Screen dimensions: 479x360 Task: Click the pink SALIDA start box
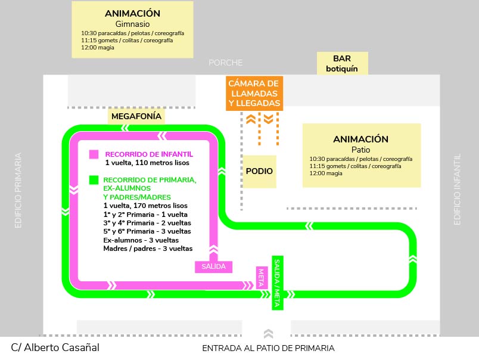(213, 267)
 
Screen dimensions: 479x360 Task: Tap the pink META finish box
(262, 278)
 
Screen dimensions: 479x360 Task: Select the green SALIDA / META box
(278, 283)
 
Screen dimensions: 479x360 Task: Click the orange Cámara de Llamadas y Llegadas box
(254, 93)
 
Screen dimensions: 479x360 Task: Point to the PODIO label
(259, 171)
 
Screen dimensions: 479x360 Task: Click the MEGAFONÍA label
(136, 116)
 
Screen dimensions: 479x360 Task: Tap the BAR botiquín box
(342, 63)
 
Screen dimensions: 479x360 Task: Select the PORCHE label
(225, 63)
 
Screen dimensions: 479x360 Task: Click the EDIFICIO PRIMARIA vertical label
(18, 190)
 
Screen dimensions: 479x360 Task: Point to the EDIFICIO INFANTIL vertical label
(457, 190)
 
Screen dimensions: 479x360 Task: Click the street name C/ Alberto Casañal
(55, 347)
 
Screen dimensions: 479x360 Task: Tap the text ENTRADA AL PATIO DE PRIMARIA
(268, 349)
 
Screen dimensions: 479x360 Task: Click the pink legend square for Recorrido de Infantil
(94, 154)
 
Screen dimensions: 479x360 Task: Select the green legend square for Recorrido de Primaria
(94, 180)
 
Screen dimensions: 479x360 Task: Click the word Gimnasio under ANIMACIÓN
(133, 24)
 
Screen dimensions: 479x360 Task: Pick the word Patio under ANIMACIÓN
(361, 150)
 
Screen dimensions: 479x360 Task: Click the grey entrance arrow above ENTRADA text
(268, 333)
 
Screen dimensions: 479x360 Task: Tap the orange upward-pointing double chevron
(251, 119)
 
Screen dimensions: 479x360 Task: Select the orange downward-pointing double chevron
(269, 119)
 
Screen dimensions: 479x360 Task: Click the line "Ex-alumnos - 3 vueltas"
(141, 240)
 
